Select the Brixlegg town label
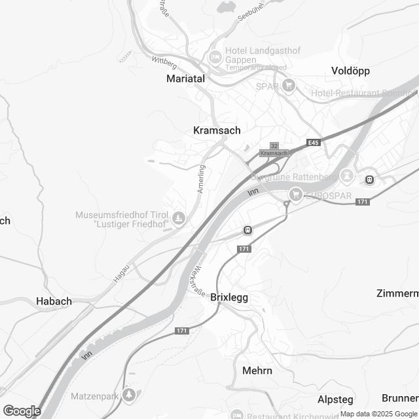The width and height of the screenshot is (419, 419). (x=229, y=297)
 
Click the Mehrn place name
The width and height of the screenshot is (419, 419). (x=257, y=371)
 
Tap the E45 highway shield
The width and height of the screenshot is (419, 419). (x=313, y=143)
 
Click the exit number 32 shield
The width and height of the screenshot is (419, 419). (x=274, y=146)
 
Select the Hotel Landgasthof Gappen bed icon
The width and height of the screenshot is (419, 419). (x=214, y=57)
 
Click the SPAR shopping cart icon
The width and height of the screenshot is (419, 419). (x=288, y=85)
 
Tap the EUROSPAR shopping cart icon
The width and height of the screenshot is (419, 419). (x=296, y=193)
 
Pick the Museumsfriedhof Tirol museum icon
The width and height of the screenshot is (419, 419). (x=178, y=217)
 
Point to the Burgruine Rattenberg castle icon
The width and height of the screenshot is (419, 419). (x=347, y=177)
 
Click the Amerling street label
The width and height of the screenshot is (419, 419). (x=202, y=177)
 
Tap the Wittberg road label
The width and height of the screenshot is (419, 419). (x=164, y=60)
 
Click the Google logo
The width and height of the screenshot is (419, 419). (x=22, y=410)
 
